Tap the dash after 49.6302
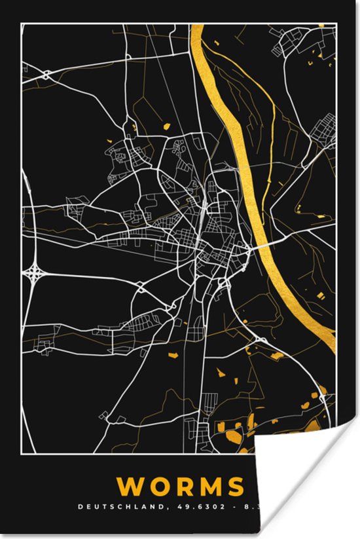coord(196,506)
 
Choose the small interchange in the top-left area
coord(46,75)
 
